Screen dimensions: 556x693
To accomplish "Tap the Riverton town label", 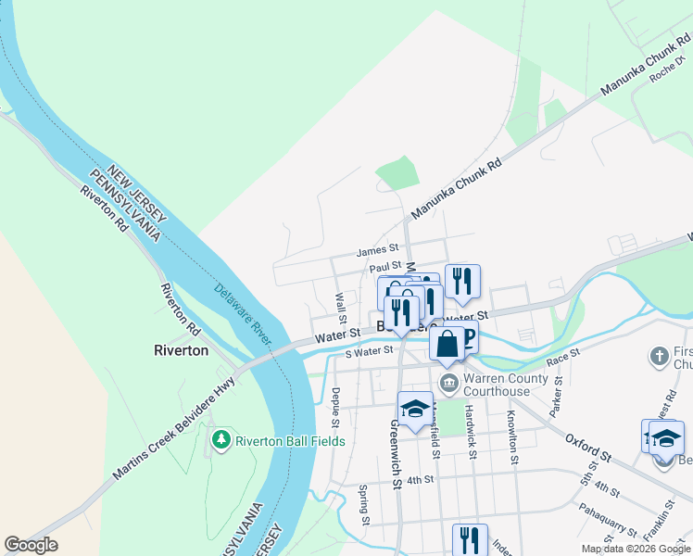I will click(182, 351).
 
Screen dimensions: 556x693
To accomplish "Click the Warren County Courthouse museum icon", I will click(448, 382).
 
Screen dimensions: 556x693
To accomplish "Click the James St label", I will click(376, 250).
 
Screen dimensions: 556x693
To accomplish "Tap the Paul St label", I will click(384, 267).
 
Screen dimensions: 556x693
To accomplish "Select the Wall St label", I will click(341, 302).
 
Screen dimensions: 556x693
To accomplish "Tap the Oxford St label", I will click(588, 449).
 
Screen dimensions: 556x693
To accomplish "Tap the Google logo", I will click(31, 545).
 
